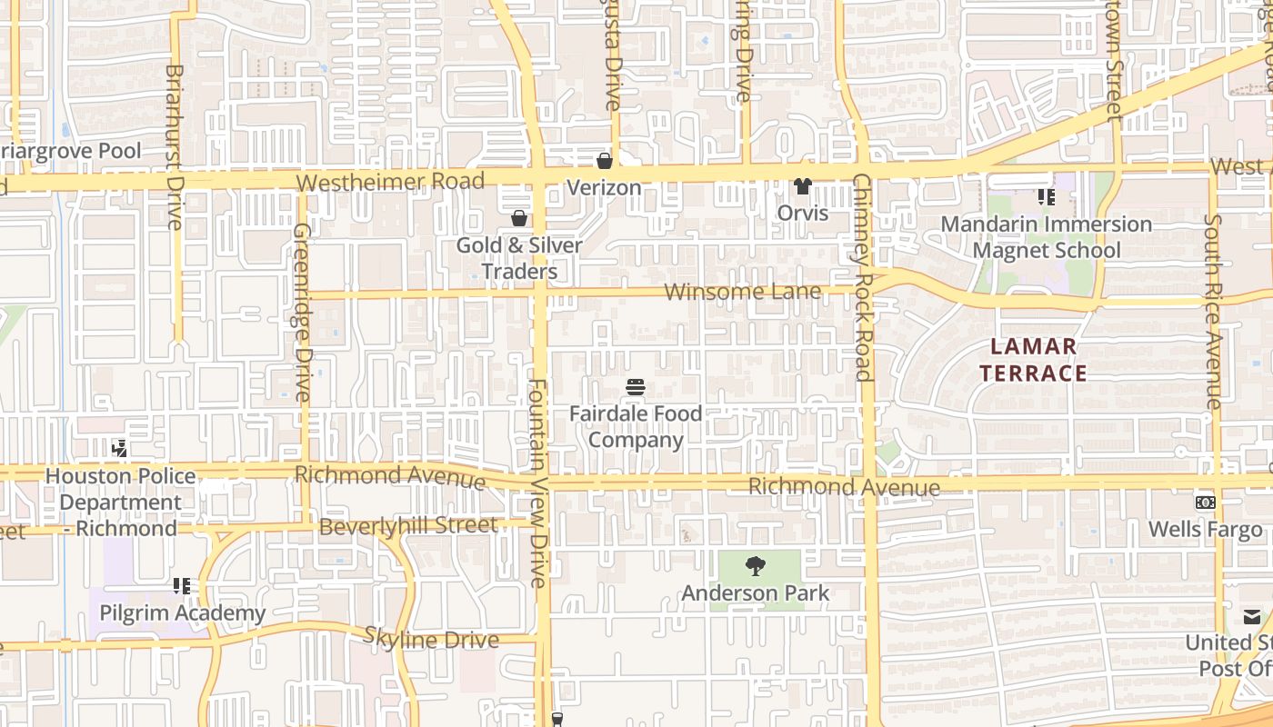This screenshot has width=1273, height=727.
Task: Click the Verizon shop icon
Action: (604, 161)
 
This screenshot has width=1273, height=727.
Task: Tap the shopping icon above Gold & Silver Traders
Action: (519, 218)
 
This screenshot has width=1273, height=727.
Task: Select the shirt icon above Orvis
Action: (802, 186)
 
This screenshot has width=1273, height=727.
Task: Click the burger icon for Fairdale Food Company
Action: (636, 387)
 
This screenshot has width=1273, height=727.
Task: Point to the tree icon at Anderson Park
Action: (755, 567)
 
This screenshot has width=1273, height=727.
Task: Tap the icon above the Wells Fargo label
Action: (1206, 503)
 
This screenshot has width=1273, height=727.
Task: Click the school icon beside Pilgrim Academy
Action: (182, 586)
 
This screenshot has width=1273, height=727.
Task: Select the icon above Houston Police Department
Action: (119, 448)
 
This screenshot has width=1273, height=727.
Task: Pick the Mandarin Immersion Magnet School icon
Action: (1046, 196)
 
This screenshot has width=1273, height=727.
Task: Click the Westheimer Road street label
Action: (390, 182)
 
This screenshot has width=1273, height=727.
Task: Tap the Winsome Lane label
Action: (743, 292)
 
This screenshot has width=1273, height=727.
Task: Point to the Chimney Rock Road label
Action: (863, 277)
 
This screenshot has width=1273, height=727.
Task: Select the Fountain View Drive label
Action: (538, 483)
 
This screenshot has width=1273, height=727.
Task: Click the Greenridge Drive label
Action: (303, 314)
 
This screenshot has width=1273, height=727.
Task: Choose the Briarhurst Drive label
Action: (175, 146)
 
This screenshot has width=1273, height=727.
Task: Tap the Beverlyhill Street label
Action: (408, 526)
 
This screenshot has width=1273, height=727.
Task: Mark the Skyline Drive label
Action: (431, 639)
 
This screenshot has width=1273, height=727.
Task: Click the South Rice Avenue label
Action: (1212, 311)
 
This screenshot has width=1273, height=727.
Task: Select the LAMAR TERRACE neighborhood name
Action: (1034, 360)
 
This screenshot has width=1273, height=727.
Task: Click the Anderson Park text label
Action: (756, 593)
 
